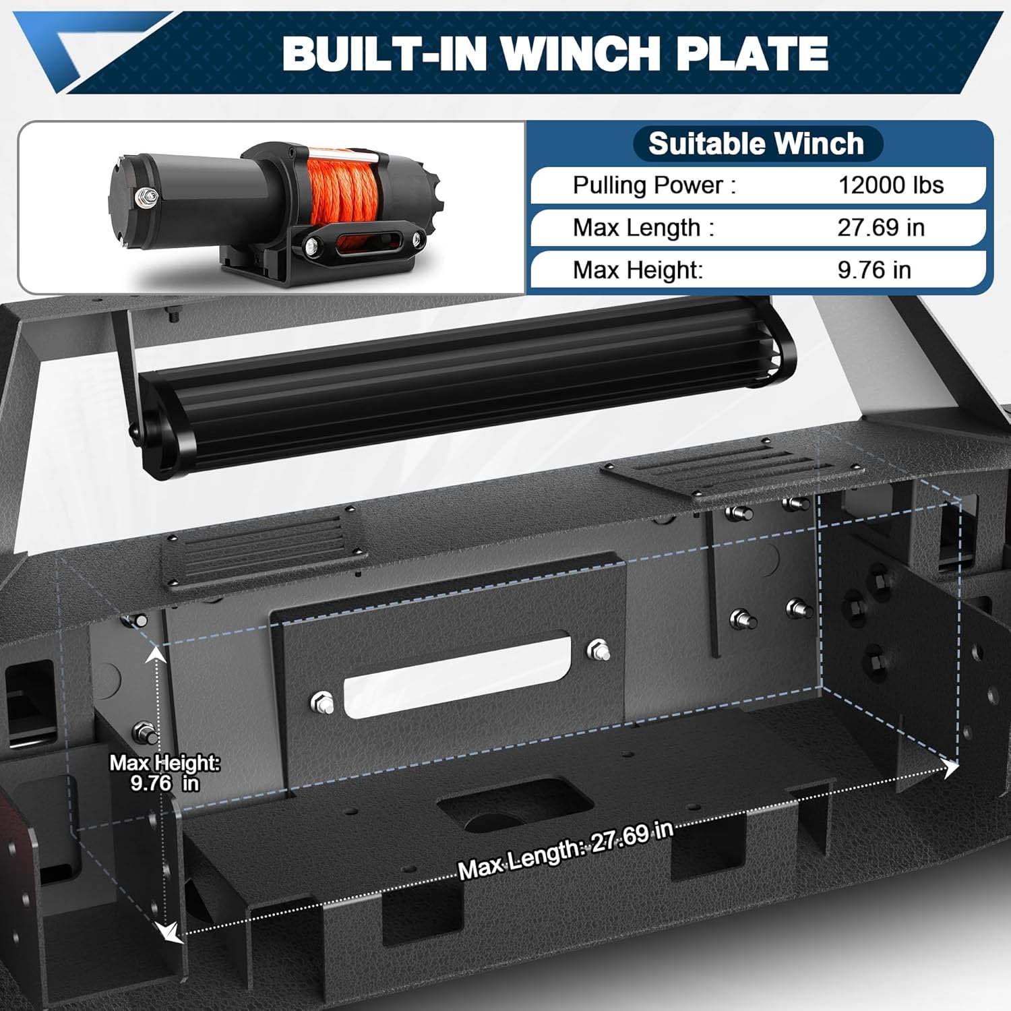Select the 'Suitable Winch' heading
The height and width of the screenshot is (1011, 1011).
[756, 144]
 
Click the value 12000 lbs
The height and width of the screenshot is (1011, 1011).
[890, 185]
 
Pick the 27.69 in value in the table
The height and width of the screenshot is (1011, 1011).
[880, 228]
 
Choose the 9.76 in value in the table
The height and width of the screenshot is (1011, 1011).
[874, 270]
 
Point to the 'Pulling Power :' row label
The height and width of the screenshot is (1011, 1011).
[654, 185]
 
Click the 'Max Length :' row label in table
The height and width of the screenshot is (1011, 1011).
[643, 228]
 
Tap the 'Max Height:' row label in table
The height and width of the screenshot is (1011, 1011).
[638, 270]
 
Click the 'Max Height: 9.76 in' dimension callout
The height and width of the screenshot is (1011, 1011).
[164, 773]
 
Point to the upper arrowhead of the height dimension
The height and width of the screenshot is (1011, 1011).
[156, 652]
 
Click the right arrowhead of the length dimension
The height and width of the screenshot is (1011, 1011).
[951, 768]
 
